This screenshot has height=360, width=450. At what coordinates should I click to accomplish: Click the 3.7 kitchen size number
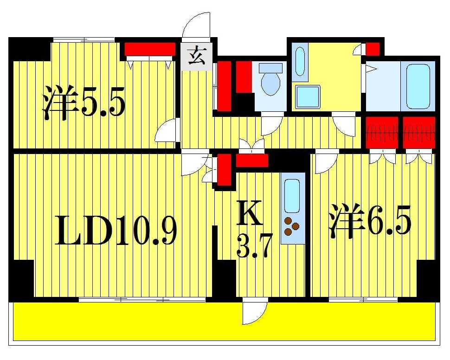point(253,246)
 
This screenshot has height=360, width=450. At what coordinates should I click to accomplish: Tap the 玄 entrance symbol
point(197,57)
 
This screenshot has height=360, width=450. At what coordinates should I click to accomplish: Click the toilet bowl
point(270,82)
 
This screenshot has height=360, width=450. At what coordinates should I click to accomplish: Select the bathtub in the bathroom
point(421,86)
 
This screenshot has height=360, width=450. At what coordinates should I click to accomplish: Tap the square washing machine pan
point(308,96)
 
